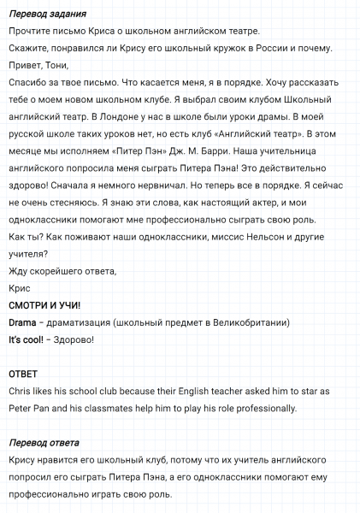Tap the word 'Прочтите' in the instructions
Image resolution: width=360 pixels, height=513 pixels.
[32, 32]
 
